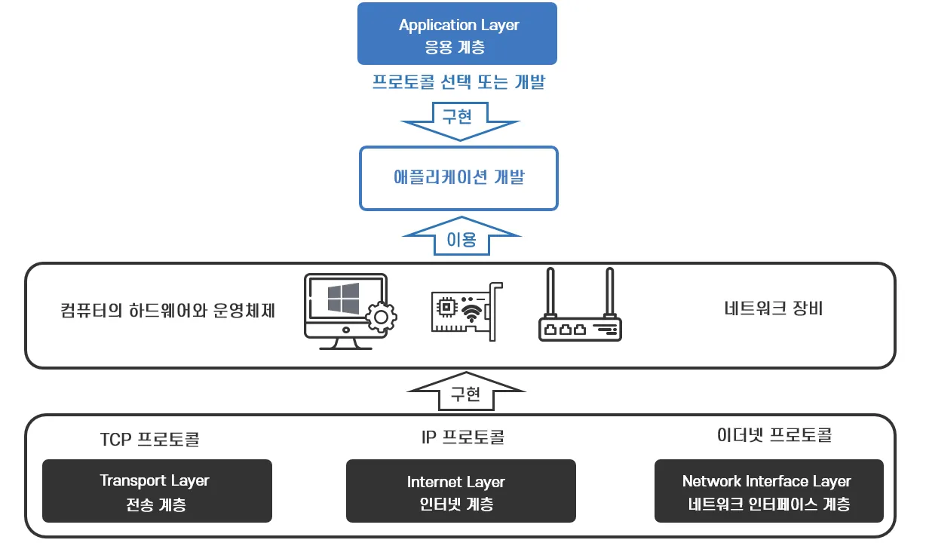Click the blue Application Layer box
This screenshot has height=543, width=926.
(457, 34)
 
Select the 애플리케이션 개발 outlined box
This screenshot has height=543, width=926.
(458, 178)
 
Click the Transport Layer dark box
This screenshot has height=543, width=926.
(157, 491)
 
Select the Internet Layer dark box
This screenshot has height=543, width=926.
(461, 491)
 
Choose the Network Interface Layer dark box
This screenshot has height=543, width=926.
(768, 491)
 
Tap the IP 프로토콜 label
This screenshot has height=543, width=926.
(462, 437)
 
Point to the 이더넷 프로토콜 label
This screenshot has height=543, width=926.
(774, 435)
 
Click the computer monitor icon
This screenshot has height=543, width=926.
(343, 310)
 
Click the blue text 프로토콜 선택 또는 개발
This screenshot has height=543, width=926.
(458, 82)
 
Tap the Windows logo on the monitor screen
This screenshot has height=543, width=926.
(344, 299)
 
